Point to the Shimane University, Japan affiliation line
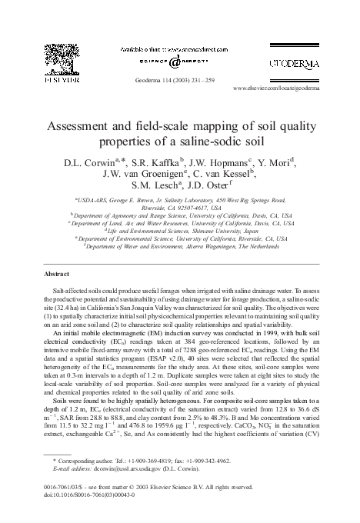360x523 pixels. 179,229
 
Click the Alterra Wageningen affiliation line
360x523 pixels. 179,248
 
